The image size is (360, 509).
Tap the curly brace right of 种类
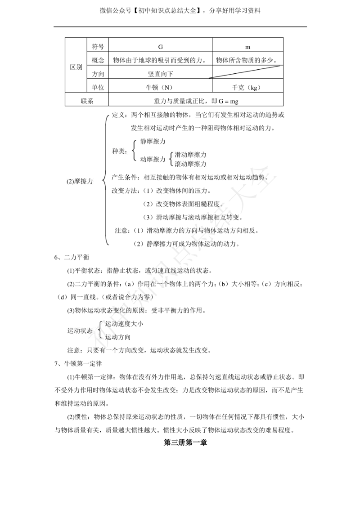pos(134,151)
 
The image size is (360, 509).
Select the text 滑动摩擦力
pos(190,155)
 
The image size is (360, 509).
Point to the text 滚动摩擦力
pos(190,164)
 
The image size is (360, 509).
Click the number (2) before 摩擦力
pos(70,182)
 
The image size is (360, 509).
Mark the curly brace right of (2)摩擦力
pos(105,181)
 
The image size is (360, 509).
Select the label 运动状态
pos(80,330)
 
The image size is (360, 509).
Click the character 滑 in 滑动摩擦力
pos(178,155)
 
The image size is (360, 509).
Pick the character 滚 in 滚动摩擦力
pos(178,164)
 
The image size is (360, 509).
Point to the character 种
pos(115,152)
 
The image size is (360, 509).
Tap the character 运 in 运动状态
pos(71,330)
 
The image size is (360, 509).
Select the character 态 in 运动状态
pos(90,330)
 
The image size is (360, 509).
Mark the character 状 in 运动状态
pos(84,330)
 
